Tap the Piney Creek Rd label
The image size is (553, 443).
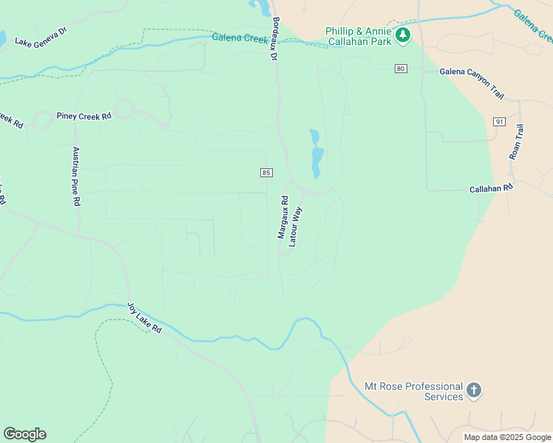(x=84, y=116)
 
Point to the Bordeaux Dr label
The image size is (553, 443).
(x=274, y=38)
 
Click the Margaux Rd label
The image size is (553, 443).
(x=282, y=217)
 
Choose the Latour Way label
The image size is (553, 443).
(x=296, y=226)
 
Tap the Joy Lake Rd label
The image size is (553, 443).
(x=143, y=317)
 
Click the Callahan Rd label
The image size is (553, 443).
(x=491, y=189)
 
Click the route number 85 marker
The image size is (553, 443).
(x=267, y=173)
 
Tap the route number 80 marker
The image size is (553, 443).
(x=401, y=69)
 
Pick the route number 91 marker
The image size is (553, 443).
(x=500, y=122)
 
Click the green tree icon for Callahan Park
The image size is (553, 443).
(x=402, y=35)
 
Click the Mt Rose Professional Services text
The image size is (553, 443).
(x=413, y=391)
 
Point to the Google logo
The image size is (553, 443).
(x=24, y=434)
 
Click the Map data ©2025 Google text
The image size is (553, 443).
(x=507, y=437)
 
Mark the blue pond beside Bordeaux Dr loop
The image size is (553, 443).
(x=316, y=155)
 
